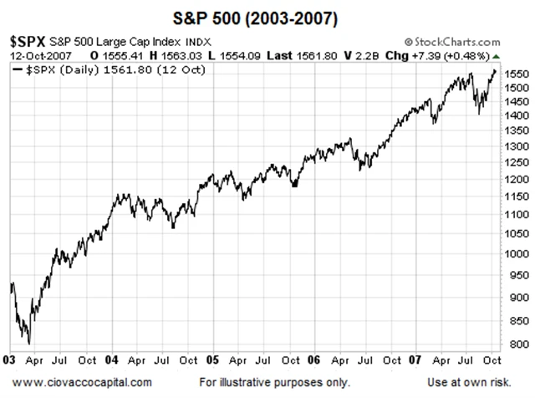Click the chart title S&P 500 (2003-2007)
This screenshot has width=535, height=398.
click(x=267, y=17)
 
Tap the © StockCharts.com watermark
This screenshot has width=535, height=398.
click(x=451, y=40)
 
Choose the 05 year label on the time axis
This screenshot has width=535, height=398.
click(x=212, y=360)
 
